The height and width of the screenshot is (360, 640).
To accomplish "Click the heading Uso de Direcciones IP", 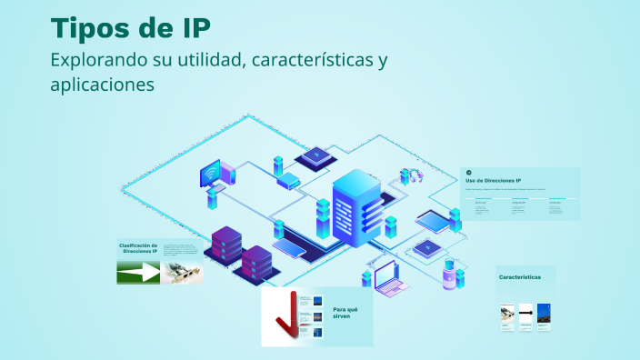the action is pos(493,181).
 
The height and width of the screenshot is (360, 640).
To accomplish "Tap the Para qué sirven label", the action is pos(346,314).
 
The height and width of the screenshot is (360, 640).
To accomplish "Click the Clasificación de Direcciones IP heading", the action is pos(138,247).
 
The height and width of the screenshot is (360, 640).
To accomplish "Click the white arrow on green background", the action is pos(138,272).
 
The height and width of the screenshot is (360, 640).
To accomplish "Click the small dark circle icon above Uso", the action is pos(468,172).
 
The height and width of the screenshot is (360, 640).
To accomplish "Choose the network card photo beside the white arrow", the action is pos(182,272).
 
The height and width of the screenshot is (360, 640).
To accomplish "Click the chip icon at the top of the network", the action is pos(315,156).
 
